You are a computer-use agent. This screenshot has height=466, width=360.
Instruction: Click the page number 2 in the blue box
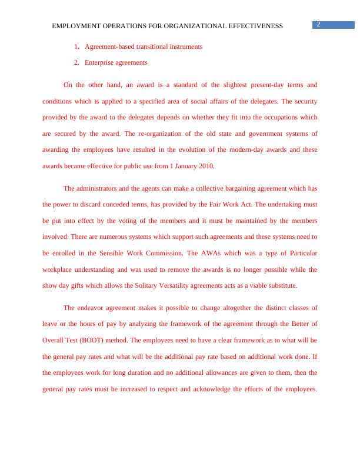(318, 24)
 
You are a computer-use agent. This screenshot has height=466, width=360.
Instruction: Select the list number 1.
(76, 46)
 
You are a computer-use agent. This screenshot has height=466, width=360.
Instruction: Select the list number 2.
(76, 62)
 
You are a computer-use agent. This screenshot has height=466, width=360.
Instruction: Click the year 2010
(206, 166)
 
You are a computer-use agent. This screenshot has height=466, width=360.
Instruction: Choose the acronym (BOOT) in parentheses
(95, 340)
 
